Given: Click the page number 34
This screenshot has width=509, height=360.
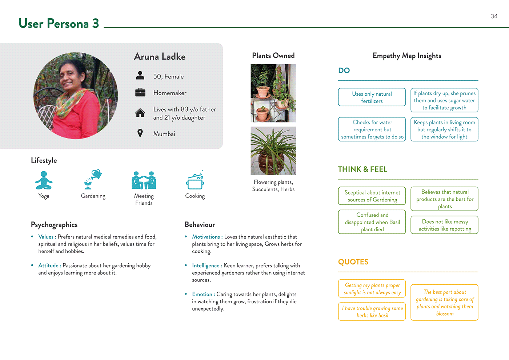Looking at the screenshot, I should pyautogui.click(x=494, y=16).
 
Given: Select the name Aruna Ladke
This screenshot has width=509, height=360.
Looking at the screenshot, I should pyautogui.click(x=160, y=57).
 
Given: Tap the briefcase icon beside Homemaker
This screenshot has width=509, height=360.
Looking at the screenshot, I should pyautogui.click(x=140, y=92).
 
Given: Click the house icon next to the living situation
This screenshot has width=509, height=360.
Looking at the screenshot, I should pyautogui.click(x=140, y=113).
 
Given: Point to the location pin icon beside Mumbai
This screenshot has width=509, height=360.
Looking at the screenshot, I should pyautogui.click(x=140, y=133).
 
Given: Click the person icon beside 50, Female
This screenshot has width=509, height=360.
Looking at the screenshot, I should pyautogui.click(x=140, y=76).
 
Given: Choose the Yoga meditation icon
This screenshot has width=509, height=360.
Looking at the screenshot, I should pyautogui.click(x=44, y=180).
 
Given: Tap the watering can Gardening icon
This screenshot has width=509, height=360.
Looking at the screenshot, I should pyautogui.click(x=93, y=179).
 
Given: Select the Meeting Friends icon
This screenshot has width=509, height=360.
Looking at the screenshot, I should pyautogui.click(x=144, y=180).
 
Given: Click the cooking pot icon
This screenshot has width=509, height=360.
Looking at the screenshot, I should pyautogui.click(x=195, y=181).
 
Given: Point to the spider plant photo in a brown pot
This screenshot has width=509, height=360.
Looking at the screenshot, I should pyautogui.click(x=273, y=151).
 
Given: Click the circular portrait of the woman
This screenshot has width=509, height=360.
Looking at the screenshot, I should pyautogui.click(x=76, y=96).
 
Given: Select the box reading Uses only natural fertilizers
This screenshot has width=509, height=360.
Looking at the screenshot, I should pyautogui.click(x=372, y=97).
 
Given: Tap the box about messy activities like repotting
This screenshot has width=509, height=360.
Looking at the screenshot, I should pyautogui.click(x=444, y=225).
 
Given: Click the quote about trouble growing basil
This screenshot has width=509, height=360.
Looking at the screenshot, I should pyautogui.click(x=372, y=312).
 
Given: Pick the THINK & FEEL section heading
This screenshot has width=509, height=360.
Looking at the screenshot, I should pyautogui.click(x=362, y=169).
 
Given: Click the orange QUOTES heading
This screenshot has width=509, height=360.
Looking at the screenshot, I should pyautogui.click(x=353, y=262).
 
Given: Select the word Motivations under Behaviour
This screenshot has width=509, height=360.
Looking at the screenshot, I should pyautogui.click(x=206, y=237).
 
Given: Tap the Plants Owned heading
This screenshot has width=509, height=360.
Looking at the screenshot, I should pyautogui.click(x=273, y=56).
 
